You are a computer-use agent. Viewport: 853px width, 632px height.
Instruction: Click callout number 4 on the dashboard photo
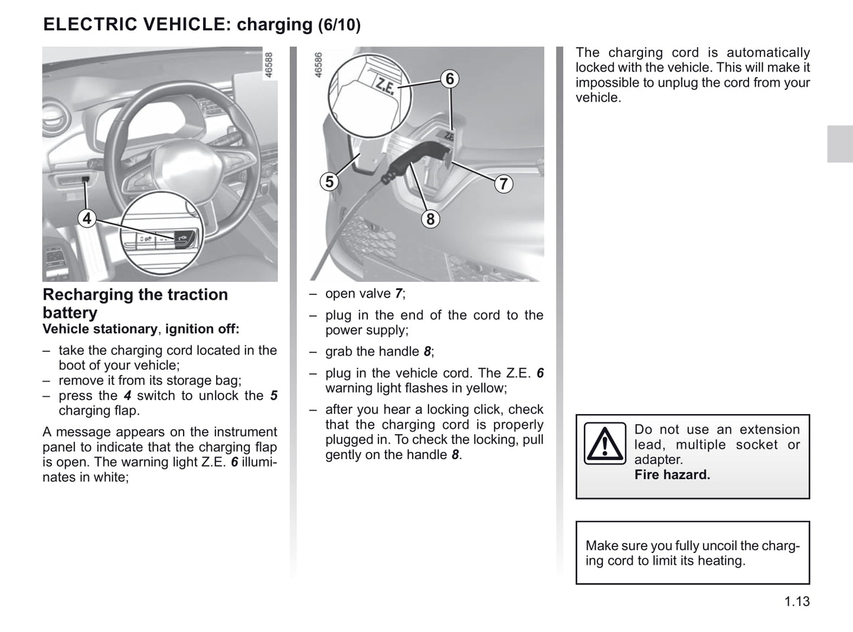87,219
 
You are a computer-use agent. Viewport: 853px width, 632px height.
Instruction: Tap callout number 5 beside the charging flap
329,181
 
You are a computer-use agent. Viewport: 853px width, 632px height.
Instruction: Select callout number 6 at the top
450,79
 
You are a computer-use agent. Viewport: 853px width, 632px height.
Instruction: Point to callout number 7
503,184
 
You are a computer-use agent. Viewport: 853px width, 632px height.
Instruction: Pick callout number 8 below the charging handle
430,219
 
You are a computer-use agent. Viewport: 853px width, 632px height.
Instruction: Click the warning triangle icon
604,444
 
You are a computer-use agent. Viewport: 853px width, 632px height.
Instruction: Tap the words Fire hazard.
672,475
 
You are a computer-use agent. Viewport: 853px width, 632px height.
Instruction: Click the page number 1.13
797,602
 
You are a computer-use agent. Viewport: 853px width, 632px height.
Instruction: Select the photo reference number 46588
269,66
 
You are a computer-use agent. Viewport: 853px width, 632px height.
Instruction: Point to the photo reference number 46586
319,66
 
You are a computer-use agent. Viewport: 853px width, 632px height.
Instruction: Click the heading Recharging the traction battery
135,303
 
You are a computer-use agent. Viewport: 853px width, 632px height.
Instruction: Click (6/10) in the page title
339,25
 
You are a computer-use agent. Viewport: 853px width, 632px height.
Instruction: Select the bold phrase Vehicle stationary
100,329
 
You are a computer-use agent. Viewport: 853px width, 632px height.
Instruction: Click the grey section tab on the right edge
839,144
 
